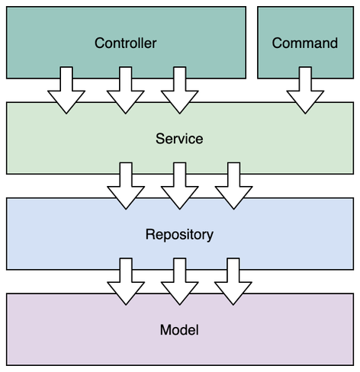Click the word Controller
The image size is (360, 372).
[126, 43]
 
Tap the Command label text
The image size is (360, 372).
[305, 43]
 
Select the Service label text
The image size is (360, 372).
[179, 139]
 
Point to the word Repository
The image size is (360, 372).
[179, 235]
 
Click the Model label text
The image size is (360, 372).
[179, 330]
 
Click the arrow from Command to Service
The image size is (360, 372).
[305, 90]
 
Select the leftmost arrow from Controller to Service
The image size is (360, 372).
[66, 90]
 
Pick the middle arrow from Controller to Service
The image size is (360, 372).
[126, 90]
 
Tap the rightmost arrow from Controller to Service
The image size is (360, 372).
[180, 90]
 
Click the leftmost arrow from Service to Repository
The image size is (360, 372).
[126, 186]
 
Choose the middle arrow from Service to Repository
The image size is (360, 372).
[180, 186]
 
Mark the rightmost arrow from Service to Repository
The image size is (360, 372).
[233, 186]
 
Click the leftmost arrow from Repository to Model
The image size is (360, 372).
[126, 281]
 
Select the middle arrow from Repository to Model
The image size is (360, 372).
[180, 281]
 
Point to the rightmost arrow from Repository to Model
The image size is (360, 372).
[233, 281]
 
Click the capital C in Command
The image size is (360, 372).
[277, 43]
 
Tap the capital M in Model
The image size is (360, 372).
[165, 330]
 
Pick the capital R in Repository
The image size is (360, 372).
[150, 234]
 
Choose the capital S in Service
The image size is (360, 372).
[160, 139]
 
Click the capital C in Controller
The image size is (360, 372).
[99, 43]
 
